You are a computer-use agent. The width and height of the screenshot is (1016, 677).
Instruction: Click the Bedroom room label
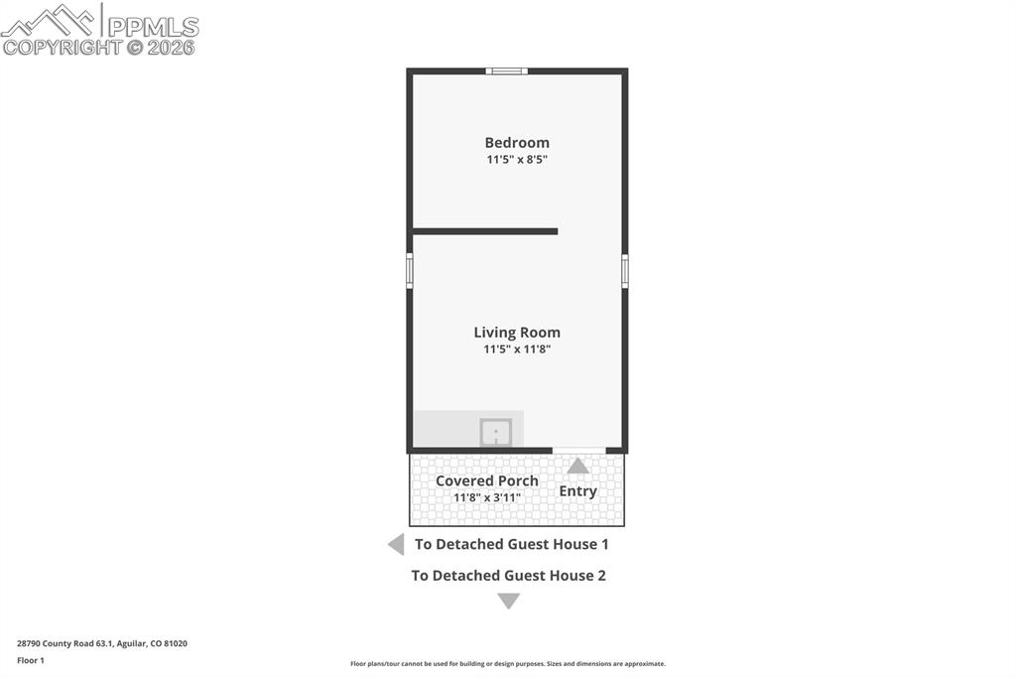(x=517, y=142)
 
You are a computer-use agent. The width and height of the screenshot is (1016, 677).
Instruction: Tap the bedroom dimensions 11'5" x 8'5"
(x=517, y=159)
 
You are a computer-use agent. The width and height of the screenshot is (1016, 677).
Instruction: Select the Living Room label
(x=517, y=333)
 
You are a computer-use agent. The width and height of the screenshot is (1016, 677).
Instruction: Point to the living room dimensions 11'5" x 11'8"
(x=517, y=349)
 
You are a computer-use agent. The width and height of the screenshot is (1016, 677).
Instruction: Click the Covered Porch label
(x=487, y=480)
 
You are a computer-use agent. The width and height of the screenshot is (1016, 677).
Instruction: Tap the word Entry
(x=577, y=490)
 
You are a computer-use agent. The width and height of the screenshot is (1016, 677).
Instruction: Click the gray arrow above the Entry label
(x=577, y=466)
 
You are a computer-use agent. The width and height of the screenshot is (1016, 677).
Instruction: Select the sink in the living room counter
(x=496, y=432)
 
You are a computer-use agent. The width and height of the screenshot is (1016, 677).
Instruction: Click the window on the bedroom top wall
(x=507, y=70)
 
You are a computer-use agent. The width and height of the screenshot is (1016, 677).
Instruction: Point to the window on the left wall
(x=410, y=271)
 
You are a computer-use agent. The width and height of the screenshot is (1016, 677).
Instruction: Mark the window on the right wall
(x=625, y=271)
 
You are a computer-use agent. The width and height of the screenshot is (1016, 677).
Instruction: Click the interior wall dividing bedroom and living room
(x=485, y=231)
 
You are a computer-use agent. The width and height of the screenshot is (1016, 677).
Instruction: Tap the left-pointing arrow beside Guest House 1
(x=396, y=544)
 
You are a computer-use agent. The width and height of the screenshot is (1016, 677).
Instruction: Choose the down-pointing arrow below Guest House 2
(x=508, y=601)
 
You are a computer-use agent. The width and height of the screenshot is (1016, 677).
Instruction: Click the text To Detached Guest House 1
(x=512, y=544)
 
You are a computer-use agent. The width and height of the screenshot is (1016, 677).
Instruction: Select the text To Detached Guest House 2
(x=509, y=575)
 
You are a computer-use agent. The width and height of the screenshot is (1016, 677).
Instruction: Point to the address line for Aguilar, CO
(x=102, y=643)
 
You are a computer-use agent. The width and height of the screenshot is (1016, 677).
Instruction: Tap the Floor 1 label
(x=31, y=660)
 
